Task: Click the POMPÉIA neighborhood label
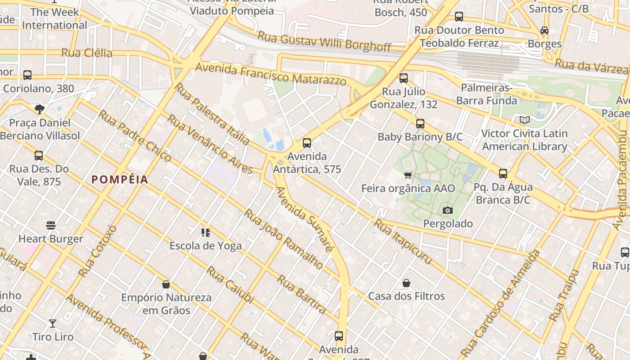(x=120, y=180)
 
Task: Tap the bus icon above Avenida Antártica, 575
(x=307, y=143)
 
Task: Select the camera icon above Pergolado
(x=448, y=210)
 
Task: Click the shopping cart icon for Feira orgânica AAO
(x=408, y=175)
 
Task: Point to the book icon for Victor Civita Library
(x=524, y=120)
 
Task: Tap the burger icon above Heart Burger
(x=51, y=225)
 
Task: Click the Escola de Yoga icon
(x=206, y=233)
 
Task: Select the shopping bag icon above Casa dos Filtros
(x=406, y=283)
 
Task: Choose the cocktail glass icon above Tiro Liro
(x=53, y=323)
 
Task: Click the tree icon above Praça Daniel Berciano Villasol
(x=40, y=109)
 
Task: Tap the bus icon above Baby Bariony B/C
(x=420, y=123)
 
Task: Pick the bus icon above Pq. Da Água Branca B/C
(x=503, y=174)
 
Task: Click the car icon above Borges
(x=544, y=31)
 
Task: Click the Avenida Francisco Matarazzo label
(x=271, y=74)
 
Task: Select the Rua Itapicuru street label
(x=403, y=242)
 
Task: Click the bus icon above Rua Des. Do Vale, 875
(x=39, y=156)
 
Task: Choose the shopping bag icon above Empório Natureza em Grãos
(x=166, y=284)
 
